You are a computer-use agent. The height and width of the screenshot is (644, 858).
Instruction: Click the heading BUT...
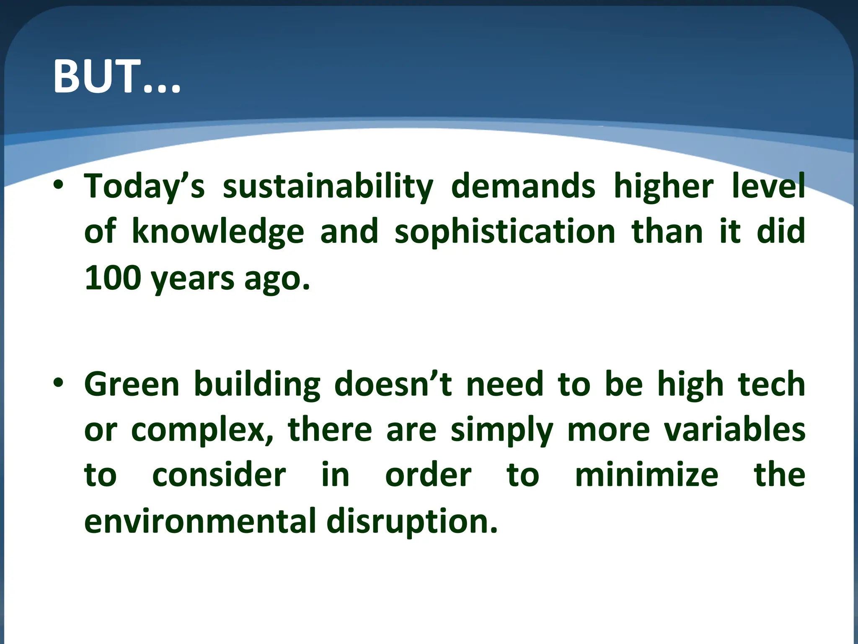pyautogui.click(x=117, y=77)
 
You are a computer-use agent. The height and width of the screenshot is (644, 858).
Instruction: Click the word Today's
pyautogui.click(x=145, y=187)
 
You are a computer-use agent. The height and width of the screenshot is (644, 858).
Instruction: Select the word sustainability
pyautogui.click(x=328, y=187)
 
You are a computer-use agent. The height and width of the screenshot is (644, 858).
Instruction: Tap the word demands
pyautogui.click(x=523, y=187)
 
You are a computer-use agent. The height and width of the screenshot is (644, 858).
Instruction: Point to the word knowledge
pyautogui.click(x=218, y=232)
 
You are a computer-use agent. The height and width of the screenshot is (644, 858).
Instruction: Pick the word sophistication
pyautogui.click(x=505, y=232)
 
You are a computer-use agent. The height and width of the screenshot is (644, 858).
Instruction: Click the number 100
pyautogui.click(x=112, y=278)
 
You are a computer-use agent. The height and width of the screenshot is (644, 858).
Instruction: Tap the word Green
pyautogui.click(x=132, y=384)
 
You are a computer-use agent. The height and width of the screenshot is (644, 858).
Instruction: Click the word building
pyautogui.click(x=257, y=385)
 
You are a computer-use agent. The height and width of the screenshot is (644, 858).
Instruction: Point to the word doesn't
pyautogui.click(x=393, y=384)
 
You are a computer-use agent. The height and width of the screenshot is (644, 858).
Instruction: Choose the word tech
pyautogui.click(x=771, y=384)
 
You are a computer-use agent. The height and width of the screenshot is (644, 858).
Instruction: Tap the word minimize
pyautogui.click(x=646, y=475)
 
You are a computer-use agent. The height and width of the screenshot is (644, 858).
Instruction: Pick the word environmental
pyautogui.click(x=200, y=521)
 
